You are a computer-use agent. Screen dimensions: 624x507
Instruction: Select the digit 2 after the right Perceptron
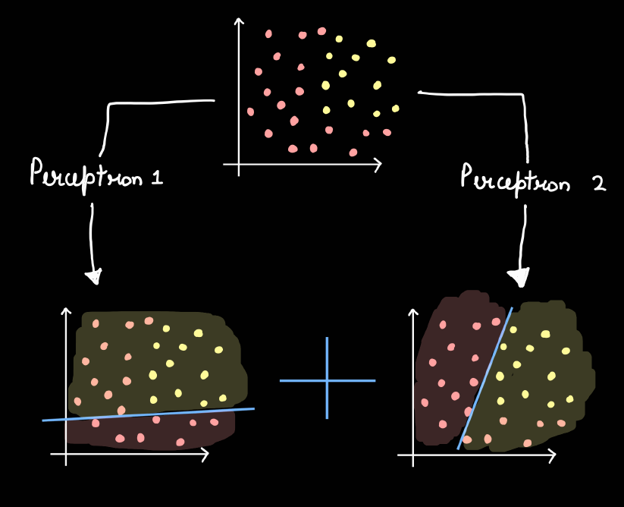pos(599,184)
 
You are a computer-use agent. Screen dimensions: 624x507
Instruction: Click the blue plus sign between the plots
pos(327,380)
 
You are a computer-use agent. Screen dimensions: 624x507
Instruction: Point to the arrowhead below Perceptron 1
pos(95,276)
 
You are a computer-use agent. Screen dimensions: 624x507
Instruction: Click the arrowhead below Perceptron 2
pos(519,277)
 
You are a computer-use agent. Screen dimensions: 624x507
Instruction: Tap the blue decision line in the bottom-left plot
pos(148,414)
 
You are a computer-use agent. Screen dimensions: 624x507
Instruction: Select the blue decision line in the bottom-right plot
pos(484,378)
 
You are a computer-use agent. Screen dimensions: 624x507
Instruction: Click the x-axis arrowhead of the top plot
pos(378,165)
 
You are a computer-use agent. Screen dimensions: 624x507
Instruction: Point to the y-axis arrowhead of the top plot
pos(239,21)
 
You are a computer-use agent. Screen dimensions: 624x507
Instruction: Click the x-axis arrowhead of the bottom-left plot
pos(205,455)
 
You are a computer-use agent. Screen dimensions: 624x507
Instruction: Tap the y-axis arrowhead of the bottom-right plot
pos(413,312)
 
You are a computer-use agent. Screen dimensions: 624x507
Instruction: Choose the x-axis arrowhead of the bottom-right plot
pos(551,455)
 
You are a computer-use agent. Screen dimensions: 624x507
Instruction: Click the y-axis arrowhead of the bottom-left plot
pos(66,311)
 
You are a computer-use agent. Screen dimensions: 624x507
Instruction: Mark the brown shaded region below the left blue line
pos(151,432)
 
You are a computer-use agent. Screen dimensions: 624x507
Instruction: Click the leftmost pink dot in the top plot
pos(250,112)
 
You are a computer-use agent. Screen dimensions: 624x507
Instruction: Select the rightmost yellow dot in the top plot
pos(395,109)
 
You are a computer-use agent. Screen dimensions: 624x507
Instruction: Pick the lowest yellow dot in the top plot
pos(377,114)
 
